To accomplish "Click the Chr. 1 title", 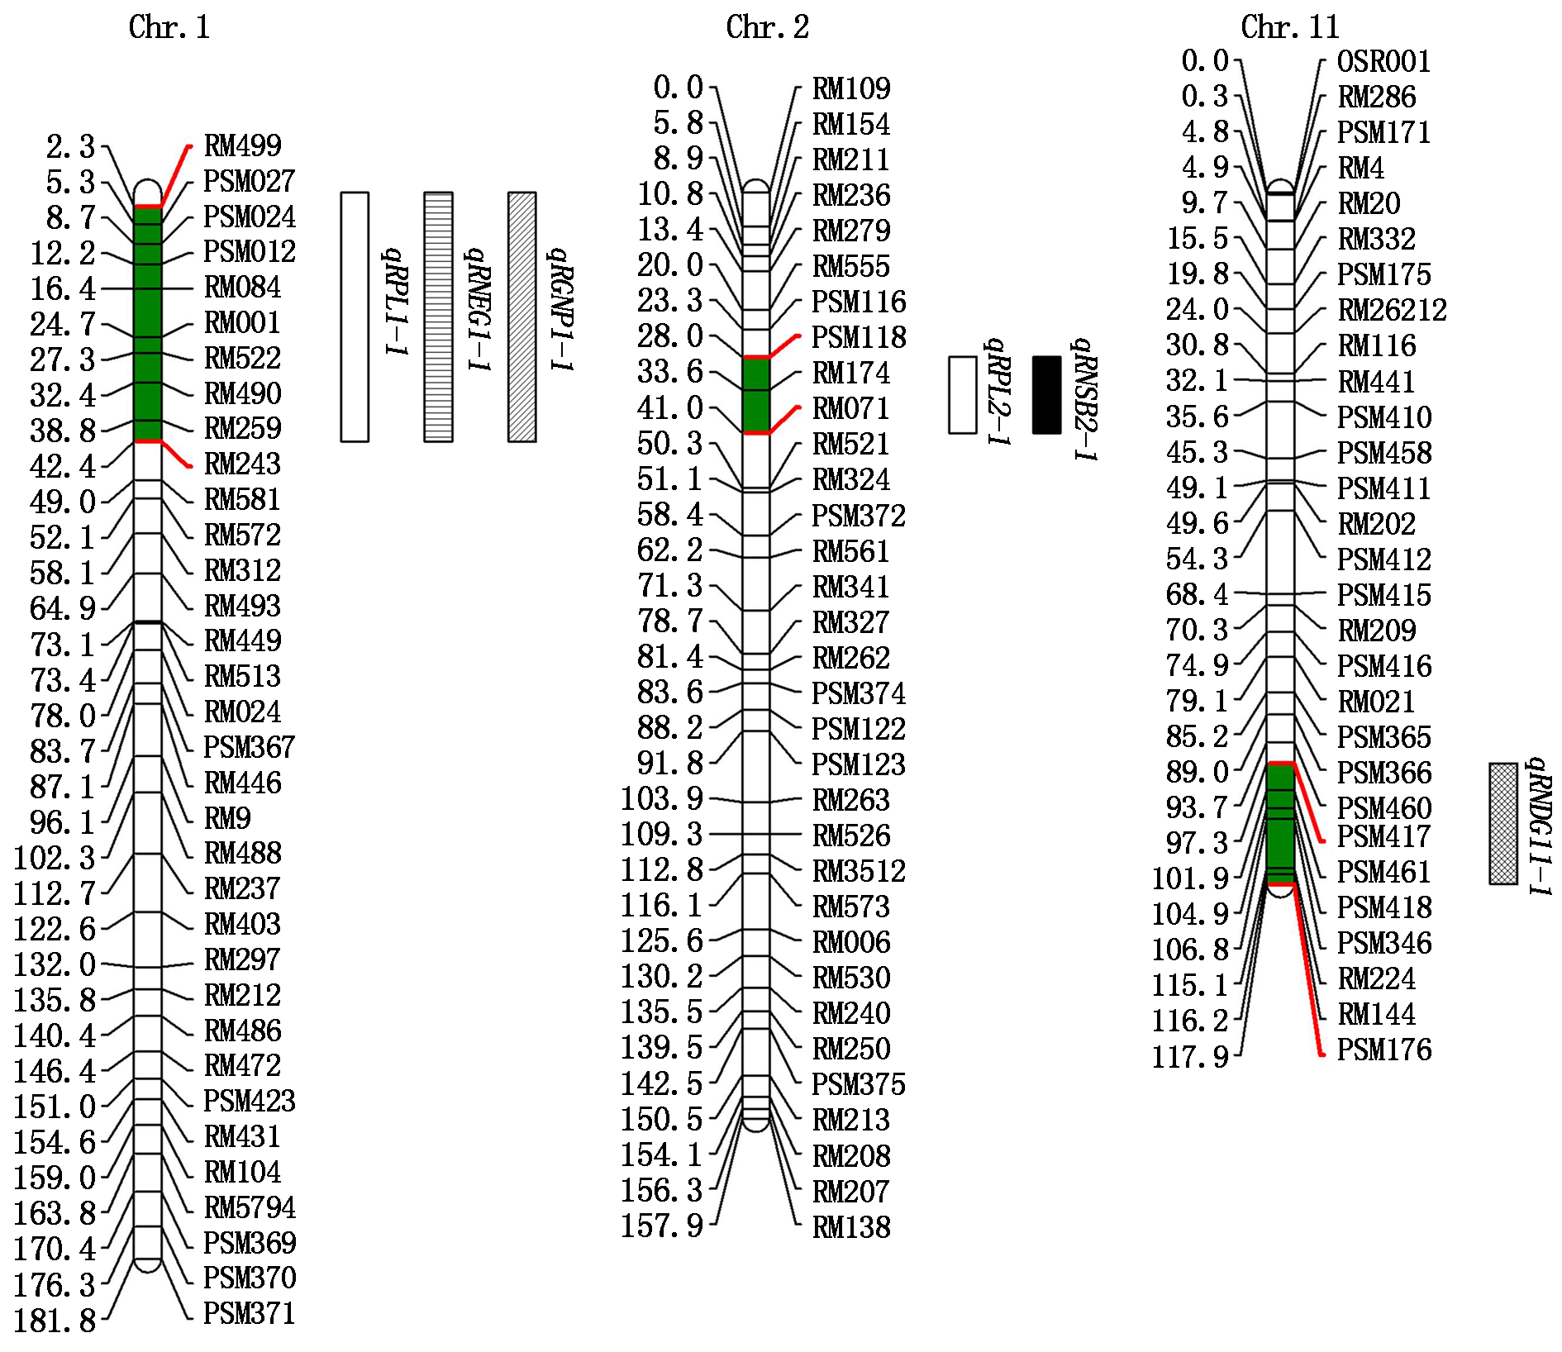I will coord(169,27).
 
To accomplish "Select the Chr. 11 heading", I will coord(1289,27).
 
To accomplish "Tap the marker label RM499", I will coord(242,145).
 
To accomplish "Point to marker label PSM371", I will coord(249,1313).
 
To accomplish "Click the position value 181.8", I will coord(55,1321).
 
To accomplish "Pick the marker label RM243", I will coord(242,464).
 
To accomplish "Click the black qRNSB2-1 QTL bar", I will coord(1046,395).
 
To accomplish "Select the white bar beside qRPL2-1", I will coord(962,395).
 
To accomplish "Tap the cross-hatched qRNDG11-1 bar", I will coord(1503,824).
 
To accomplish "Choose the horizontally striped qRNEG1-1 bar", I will coord(438,317).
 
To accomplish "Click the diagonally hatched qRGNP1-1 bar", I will coord(521,317).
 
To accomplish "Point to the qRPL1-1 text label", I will coord(396,302).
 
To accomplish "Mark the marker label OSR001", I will coord(1383,61).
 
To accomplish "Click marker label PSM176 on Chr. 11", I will coord(1383,1050).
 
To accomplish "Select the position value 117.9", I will coord(1190,1056).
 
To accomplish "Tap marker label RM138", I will coord(851,1227).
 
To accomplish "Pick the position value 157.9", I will coord(661,1226).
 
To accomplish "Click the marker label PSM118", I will coord(859,337).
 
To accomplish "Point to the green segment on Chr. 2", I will coord(755,395).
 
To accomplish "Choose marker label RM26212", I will coord(1392,310).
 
